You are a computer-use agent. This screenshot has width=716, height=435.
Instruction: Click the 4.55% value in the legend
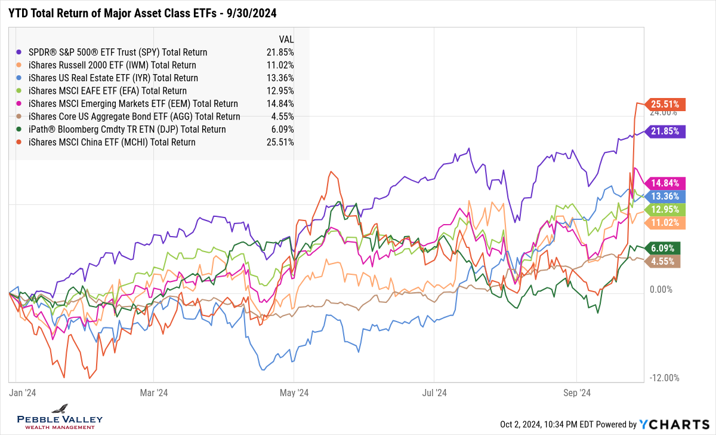pyautogui.click(x=282, y=117)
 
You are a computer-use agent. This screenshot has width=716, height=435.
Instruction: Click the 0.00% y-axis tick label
pyautogui.click(x=661, y=290)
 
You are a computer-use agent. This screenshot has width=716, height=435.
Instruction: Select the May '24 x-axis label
pyautogui.click(x=294, y=393)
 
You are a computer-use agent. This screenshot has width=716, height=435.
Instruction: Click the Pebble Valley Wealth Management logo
pyautogui.click(x=59, y=416)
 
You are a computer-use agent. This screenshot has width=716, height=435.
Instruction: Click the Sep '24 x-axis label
pyautogui.click(x=577, y=393)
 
